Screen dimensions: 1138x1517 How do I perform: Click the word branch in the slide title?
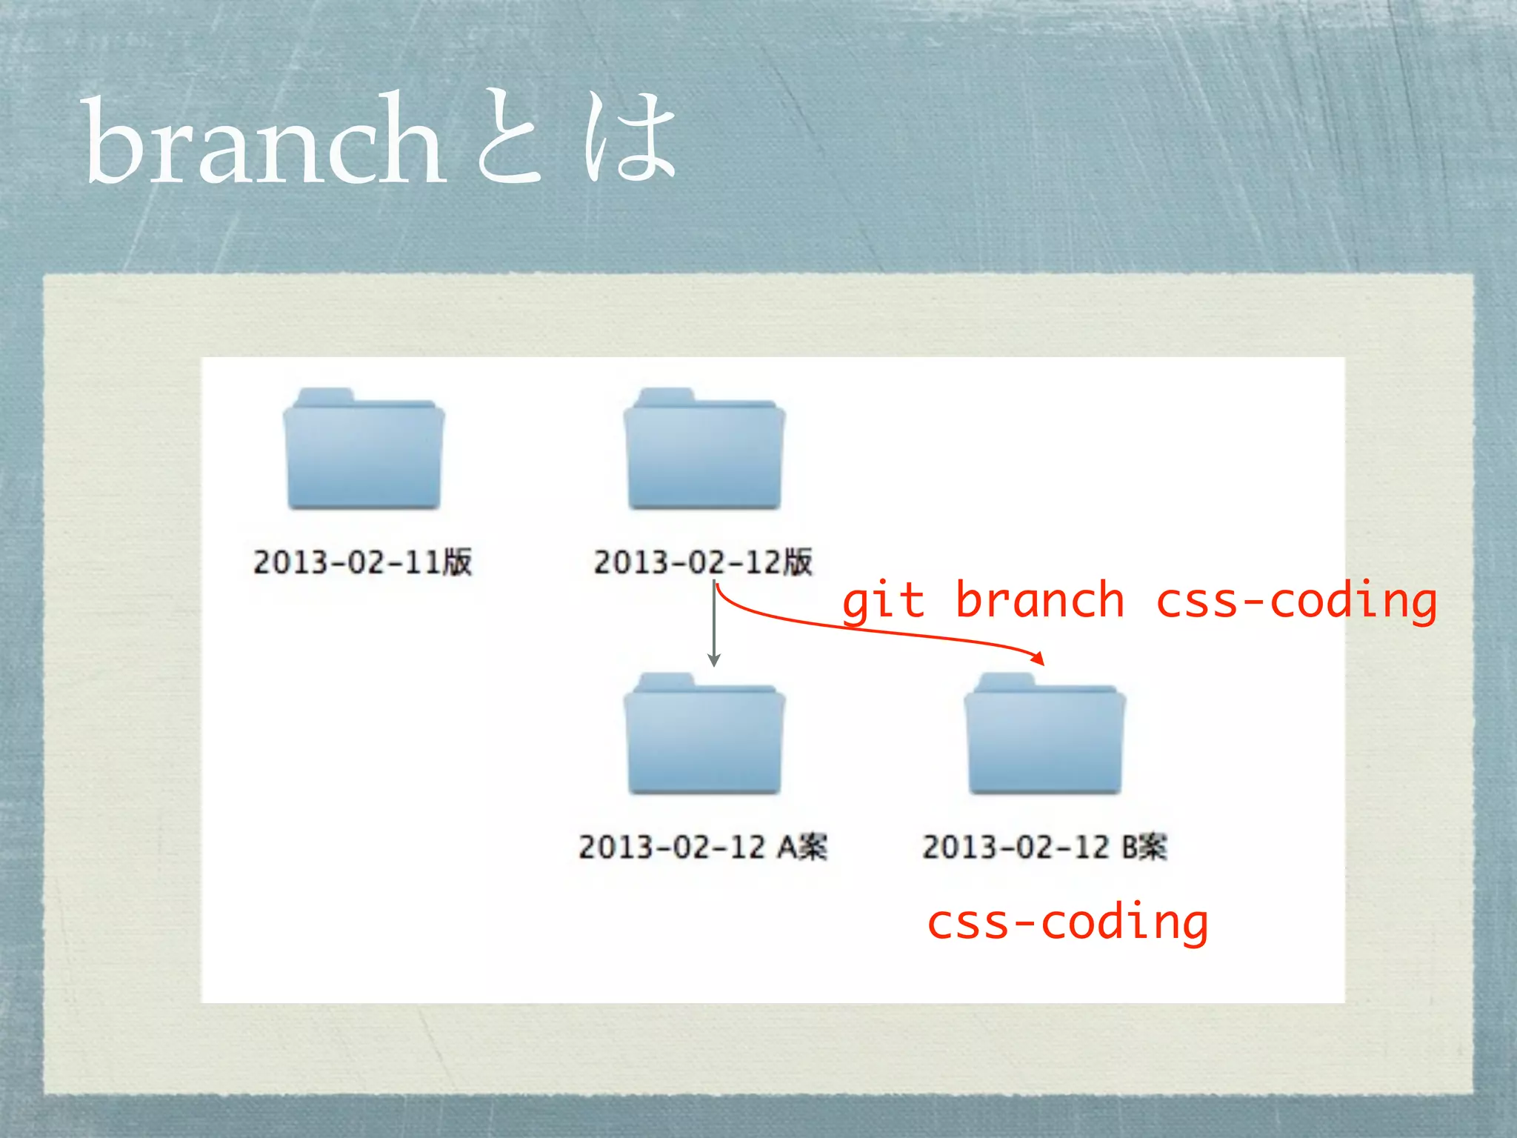pyautogui.click(x=265, y=141)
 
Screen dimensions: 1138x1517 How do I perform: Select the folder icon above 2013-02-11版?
pyautogui.click(x=364, y=450)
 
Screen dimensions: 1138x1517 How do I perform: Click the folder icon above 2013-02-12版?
pyautogui.click(x=704, y=450)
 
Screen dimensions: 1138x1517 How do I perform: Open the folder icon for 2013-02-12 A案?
pyautogui.click(x=704, y=735)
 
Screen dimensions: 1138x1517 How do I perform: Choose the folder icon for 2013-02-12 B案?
pyautogui.click(x=1044, y=735)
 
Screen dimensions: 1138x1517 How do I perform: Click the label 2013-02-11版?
pyautogui.click(x=362, y=562)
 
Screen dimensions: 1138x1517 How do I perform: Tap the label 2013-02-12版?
pyautogui.click(x=703, y=562)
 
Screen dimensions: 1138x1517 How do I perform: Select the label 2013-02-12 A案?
pyautogui.click(x=703, y=847)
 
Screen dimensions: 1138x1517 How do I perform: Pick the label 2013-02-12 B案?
pyautogui.click(x=1044, y=847)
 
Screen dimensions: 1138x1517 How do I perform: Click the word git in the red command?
pyautogui.click(x=884, y=602)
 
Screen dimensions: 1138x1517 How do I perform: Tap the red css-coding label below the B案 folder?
pyautogui.click(x=1067, y=923)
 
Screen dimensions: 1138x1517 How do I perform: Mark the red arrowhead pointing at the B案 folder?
pyautogui.click(x=1038, y=658)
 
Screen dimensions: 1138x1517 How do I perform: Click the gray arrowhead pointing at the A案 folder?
pyautogui.click(x=714, y=660)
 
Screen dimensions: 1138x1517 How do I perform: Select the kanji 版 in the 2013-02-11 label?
pyautogui.click(x=458, y=562)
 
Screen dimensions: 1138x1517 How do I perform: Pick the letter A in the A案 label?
pyautogui.click(x=787, y=847)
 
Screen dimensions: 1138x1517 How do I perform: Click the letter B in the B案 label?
pyautogui.click(x=1130, y=847)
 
